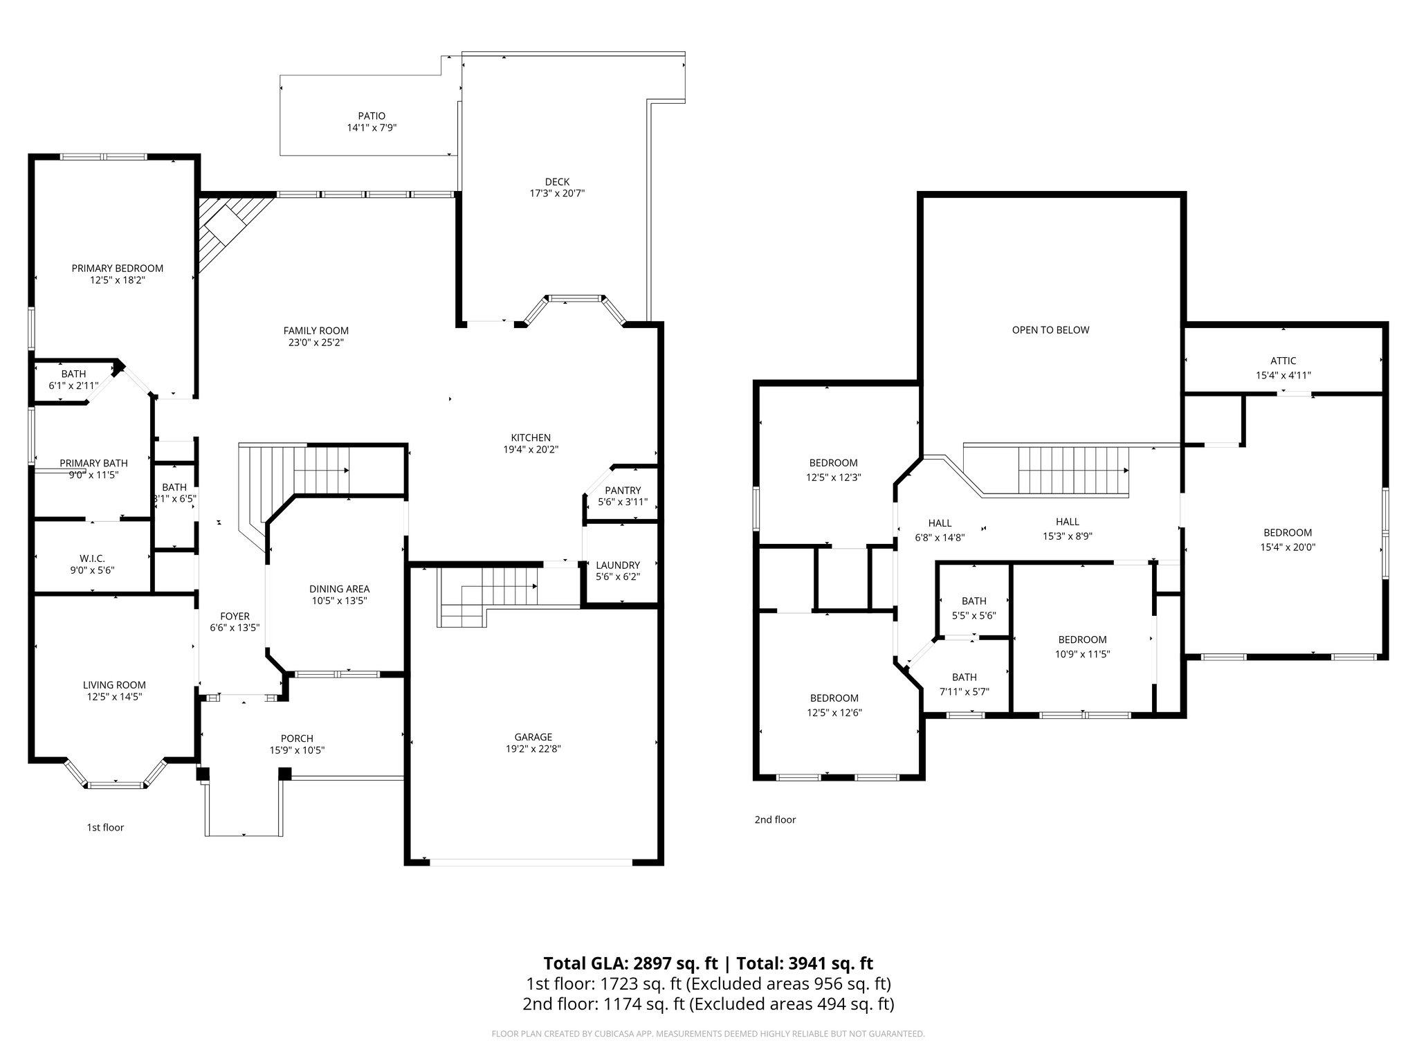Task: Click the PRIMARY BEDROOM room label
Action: [118, 269]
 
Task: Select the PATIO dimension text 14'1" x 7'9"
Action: [372, 128]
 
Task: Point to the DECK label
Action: [557, 182]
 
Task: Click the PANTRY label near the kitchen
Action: [623, 491]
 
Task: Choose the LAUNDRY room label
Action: [618, 565]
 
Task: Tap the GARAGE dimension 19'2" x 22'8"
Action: [533, 749]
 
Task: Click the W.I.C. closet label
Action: [92, 558]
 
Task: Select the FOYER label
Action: [235, 617]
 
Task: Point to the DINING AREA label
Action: [339, 589]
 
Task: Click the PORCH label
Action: [297, 738]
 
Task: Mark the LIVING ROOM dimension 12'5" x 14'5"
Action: [114, 697]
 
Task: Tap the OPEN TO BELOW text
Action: [1050, 330]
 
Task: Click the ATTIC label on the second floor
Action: [1283, 361]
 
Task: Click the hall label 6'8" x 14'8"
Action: [940, 530]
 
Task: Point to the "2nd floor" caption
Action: [775, 819]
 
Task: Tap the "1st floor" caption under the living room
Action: [105, 827]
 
